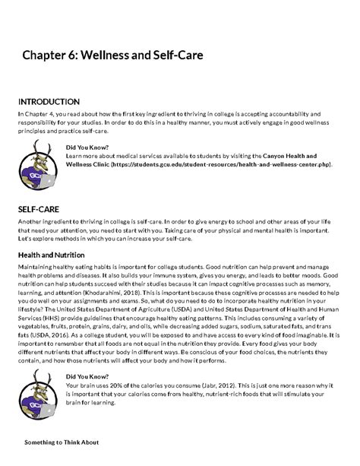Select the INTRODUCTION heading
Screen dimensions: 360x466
point(49,101)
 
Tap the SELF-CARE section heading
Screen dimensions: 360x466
point(39,207)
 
